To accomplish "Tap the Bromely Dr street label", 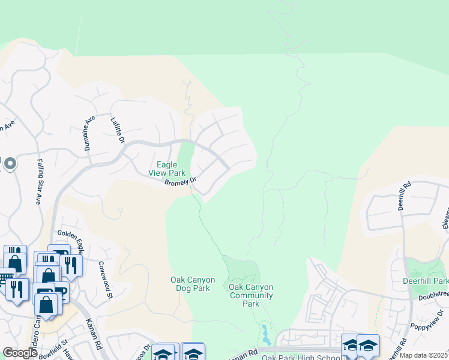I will tap(181, 181).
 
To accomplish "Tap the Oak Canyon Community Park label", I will tap(251, 295).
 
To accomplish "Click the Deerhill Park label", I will tap(427, 281).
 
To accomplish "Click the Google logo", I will tap(20, 353).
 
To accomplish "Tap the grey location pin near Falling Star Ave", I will tap(10, 163).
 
